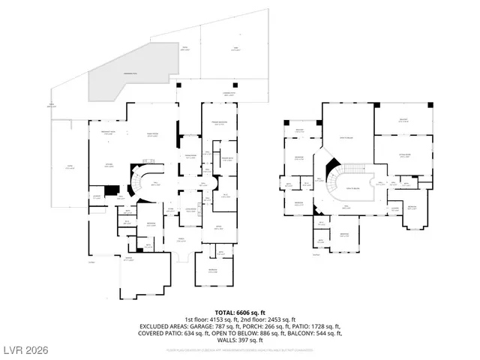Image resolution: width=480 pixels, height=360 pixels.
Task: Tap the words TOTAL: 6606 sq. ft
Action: [x=240, y=312]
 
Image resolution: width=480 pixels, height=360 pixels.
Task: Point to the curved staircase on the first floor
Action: [x=141, y=184]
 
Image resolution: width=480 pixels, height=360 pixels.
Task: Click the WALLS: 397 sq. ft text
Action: [x=240, y=340]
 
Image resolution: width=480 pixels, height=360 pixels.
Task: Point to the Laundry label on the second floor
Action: [x=394, y=210]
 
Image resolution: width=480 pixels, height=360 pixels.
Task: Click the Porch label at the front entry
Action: [x=181, y=240]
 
